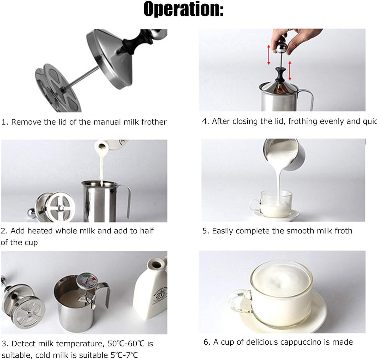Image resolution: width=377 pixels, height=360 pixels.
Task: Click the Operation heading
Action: coord(183,9)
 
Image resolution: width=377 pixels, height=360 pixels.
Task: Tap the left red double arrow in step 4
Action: coord(268,55)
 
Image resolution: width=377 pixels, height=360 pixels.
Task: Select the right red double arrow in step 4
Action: coord(290,71)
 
